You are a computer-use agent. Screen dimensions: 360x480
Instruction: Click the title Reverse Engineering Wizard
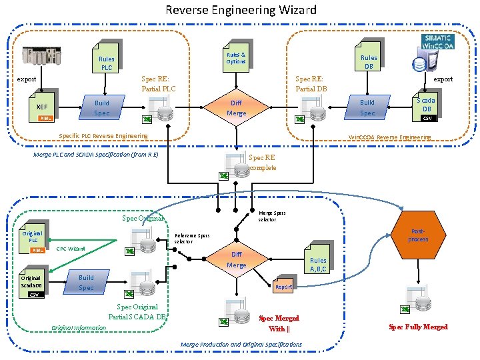[241, 10]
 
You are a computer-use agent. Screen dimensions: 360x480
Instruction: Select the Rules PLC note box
[106, 62]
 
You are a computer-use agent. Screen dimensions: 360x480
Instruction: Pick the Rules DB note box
[368, 61]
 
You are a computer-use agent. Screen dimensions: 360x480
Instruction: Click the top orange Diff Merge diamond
[236, 108]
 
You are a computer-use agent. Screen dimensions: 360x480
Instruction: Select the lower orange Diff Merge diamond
[236, 259]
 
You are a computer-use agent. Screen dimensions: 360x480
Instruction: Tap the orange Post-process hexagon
[418, 235]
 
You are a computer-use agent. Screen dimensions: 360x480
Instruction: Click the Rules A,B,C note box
[318, 264]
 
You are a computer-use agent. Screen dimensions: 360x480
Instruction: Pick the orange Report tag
[283, 287]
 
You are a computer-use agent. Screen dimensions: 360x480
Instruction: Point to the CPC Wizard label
[71, 249]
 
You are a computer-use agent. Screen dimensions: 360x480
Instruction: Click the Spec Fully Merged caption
[418, 327]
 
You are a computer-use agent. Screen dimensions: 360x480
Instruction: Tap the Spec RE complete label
[262, 163]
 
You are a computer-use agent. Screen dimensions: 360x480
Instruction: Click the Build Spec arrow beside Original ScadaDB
[87, 283]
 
